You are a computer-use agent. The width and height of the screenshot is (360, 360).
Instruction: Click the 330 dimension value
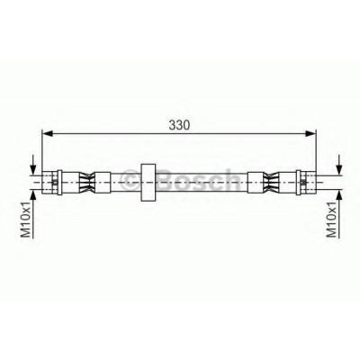click(179, 125)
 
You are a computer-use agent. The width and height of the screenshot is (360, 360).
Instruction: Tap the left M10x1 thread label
click(26, 220)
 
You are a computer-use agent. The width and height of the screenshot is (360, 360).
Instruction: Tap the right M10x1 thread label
click(332, 220)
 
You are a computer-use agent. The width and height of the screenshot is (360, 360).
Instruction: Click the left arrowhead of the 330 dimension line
click(48, 133)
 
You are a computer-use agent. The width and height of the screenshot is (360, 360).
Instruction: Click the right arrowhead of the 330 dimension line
click(310, 133)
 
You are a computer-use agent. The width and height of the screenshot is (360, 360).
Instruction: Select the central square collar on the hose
click(148, 183)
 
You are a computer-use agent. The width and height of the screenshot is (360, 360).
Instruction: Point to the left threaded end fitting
click(52, 183)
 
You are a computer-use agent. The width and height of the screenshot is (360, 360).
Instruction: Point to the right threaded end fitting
click(306, 183)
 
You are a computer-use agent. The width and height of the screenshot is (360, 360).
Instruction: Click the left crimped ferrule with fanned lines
click(86, 183)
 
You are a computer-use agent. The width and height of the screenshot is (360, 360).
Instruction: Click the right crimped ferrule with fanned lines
click(271, 183)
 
